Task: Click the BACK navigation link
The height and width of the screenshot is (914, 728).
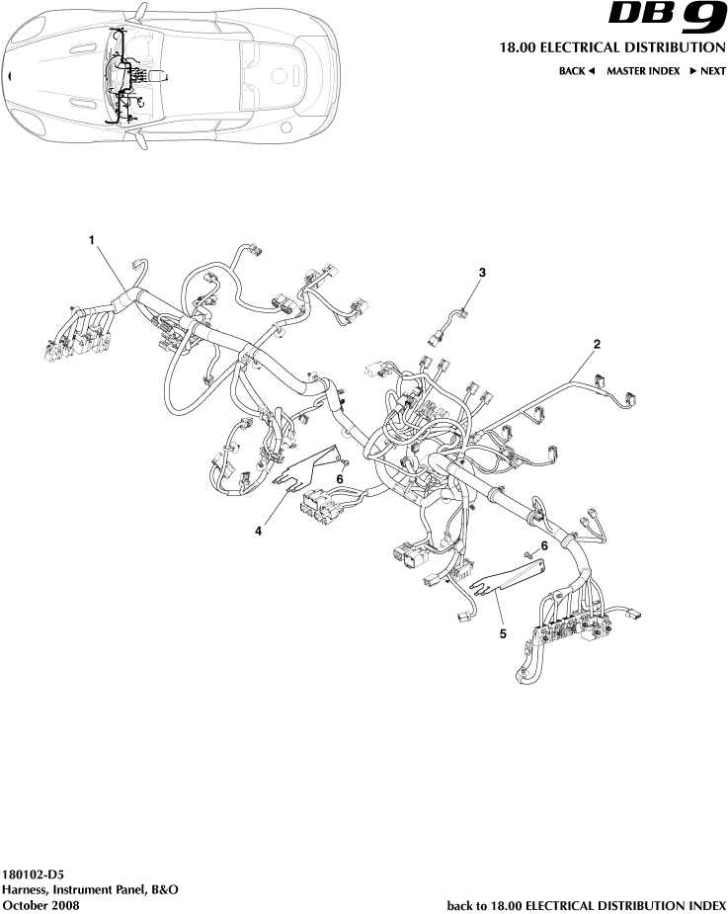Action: click(577, 71)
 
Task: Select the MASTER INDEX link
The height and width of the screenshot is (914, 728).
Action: click(643, 71)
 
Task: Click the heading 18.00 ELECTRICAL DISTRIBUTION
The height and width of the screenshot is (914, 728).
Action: click(607, 48)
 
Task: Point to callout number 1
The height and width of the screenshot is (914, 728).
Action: click(92, 240)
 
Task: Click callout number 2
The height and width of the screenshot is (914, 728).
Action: click(597, 345)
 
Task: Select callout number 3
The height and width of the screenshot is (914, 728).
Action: click(482, 271)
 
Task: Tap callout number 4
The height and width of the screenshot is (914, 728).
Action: click(259, 531)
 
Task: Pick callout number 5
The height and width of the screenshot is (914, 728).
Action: click(503, 633)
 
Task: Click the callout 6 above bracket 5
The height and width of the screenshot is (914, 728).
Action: click(543, 544)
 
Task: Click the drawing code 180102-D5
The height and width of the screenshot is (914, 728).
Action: click(35, 874)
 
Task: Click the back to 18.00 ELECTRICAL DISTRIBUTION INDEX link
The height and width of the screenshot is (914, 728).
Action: click(587, 904)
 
